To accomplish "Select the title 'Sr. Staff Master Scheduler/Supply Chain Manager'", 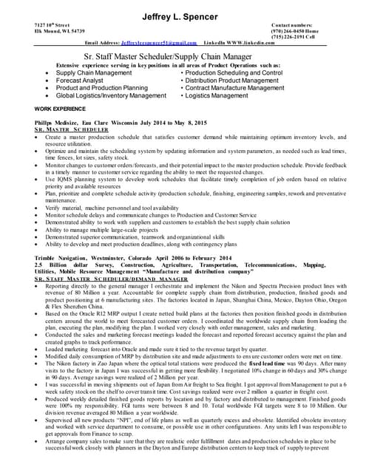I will pos(183,55).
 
